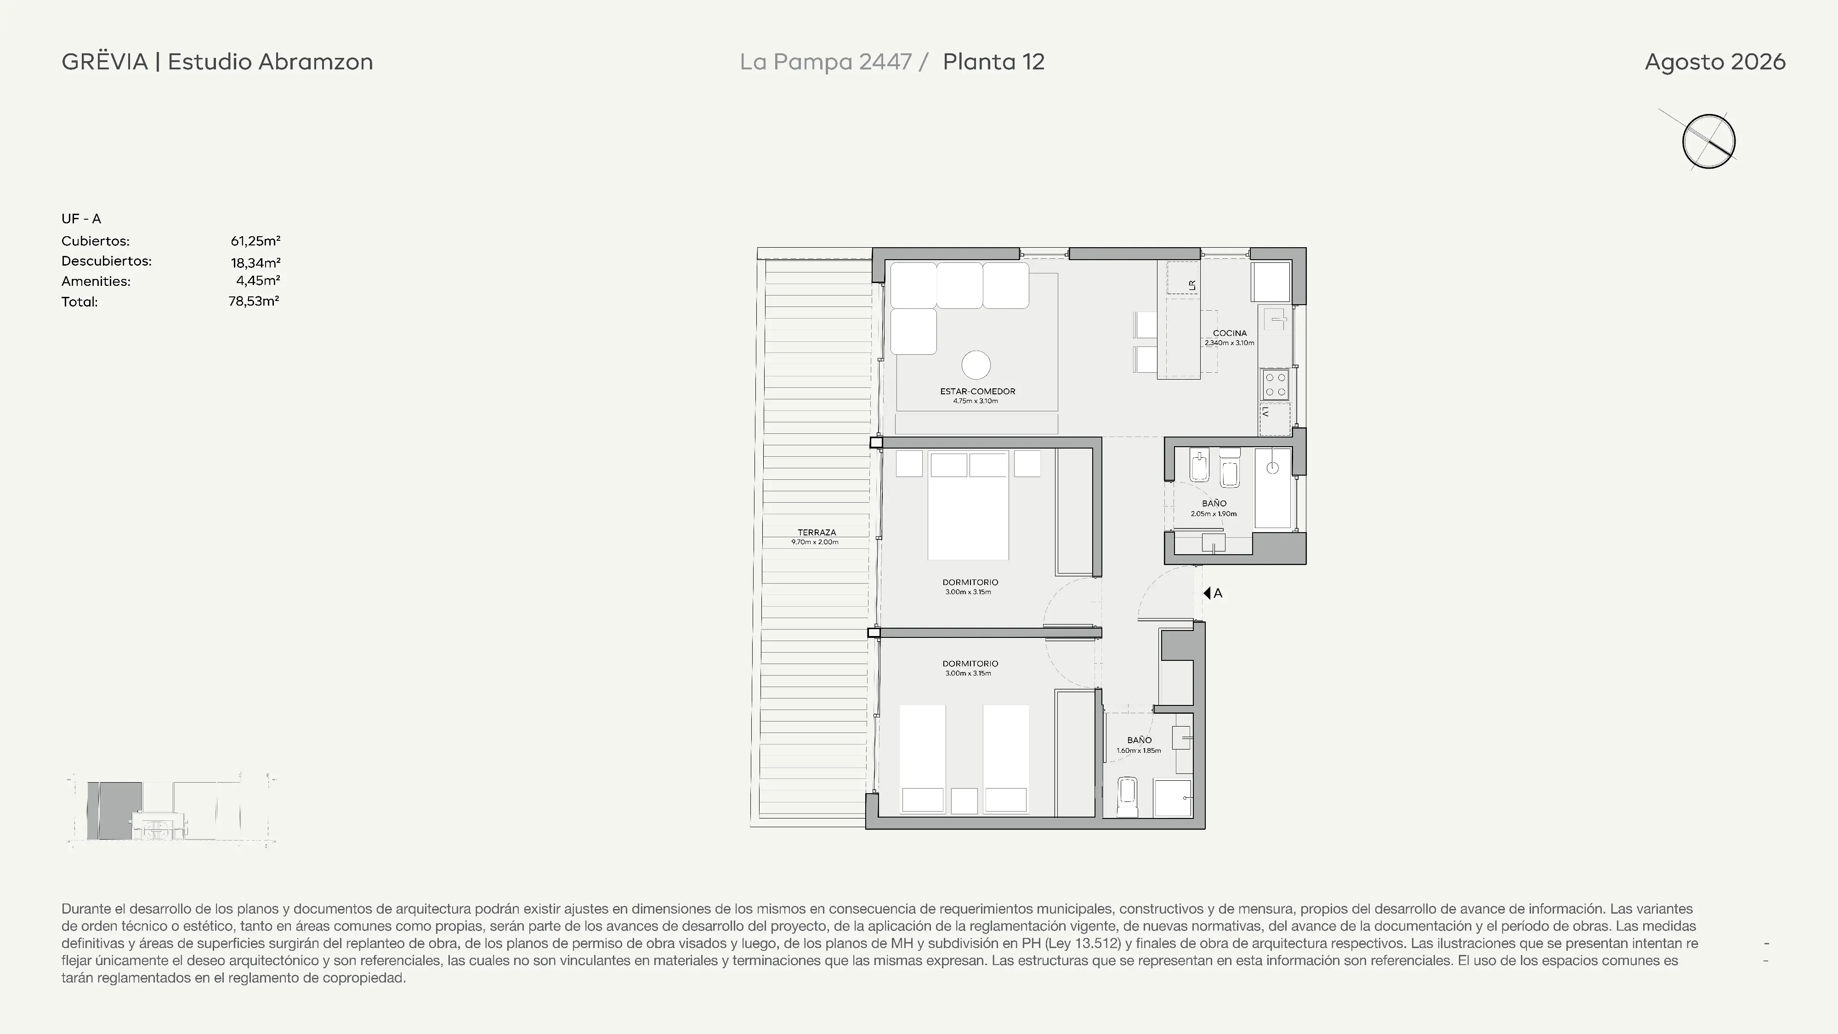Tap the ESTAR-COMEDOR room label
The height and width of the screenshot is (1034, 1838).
977,391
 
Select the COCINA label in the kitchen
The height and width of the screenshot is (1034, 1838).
1229,333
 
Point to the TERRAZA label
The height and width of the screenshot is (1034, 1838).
816,532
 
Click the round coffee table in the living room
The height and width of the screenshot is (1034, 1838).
976,365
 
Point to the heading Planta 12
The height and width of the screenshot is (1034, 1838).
993,62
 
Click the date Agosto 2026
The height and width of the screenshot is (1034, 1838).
1714,62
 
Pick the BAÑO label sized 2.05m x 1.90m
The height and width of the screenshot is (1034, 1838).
1214,504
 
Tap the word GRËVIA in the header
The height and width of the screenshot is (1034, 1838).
105,62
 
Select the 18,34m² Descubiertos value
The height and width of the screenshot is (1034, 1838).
255,262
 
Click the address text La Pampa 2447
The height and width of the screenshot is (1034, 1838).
826,62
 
